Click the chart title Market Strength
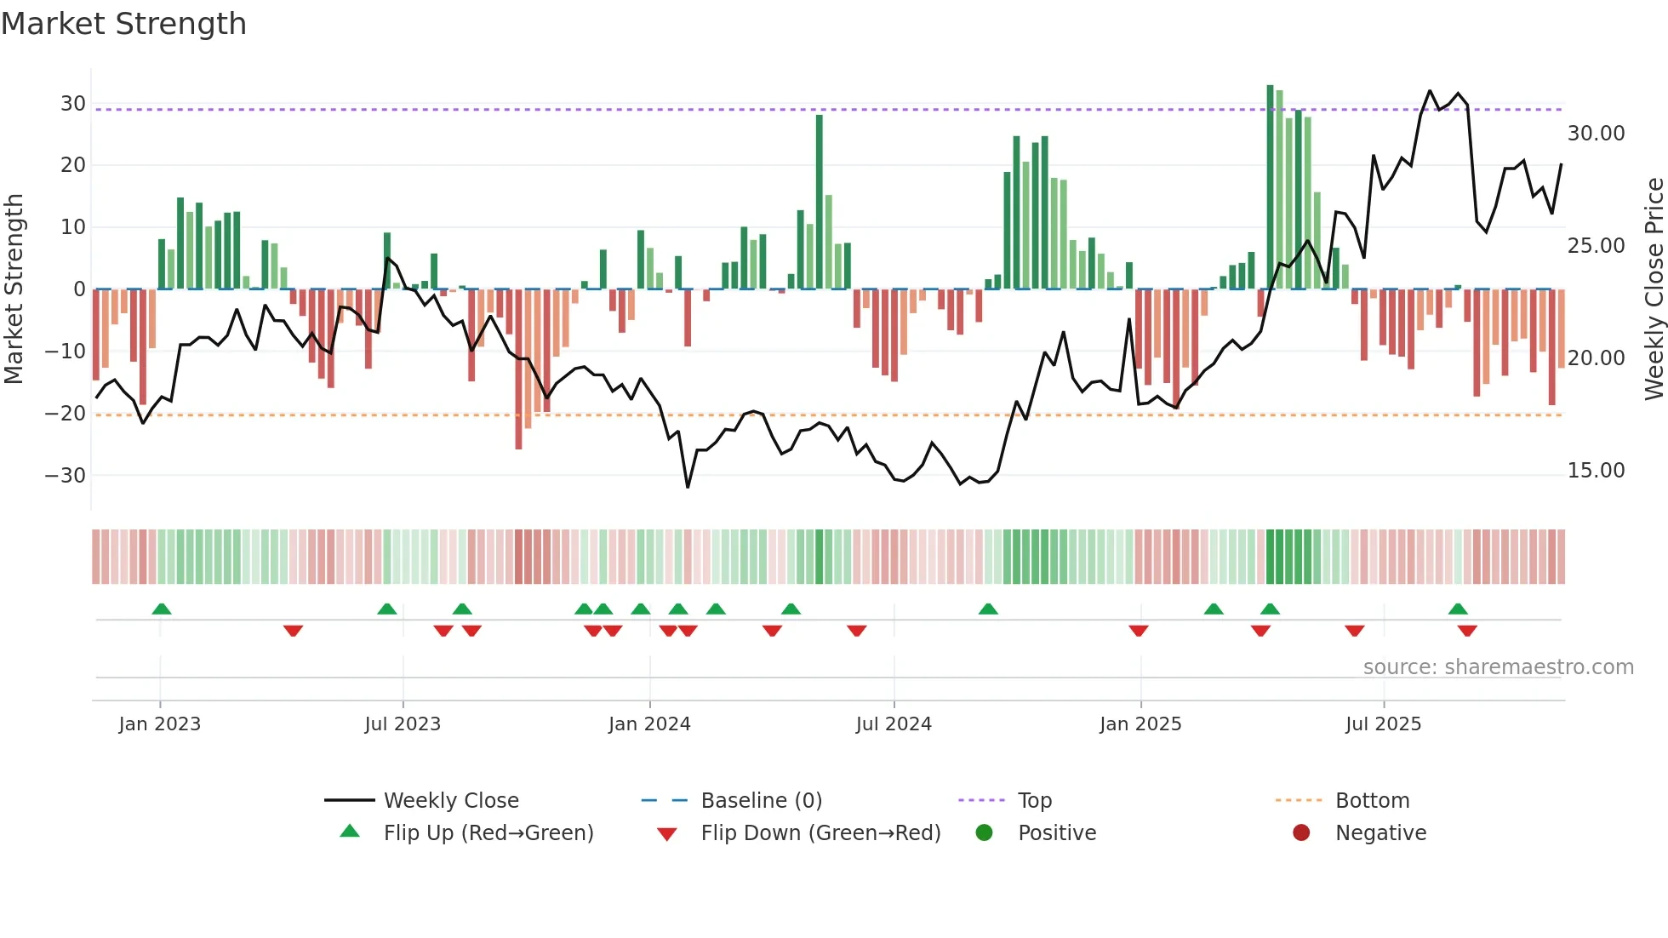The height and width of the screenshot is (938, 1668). (x=123, y=24)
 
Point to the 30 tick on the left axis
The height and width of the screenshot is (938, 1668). (x=73, y=104)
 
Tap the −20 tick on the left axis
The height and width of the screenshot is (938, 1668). (x=66, y=414)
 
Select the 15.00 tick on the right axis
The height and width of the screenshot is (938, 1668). (x=1596, y=471)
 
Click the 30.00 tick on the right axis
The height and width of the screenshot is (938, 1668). (x=1596, y=134)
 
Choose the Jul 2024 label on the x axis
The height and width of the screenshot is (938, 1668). (x=894, y=724)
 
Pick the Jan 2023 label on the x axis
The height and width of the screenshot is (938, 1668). (x=160, y=724)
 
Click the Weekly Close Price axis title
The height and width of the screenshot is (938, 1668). (x=1654, y=289)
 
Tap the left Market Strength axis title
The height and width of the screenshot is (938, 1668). (x=14, y=289)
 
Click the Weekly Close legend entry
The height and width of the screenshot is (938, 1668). (x=451, y=801)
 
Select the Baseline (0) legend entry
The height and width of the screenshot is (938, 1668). (x=761, y=801)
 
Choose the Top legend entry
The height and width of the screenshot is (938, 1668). (x=1035, y=801)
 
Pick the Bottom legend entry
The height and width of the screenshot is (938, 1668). (x=1372, y=801)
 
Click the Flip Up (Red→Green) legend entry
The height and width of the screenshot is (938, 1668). (x=488, y=833)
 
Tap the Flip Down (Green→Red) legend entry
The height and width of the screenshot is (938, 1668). (x=820, y=833)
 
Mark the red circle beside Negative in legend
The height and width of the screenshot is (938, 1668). (x=1301, y=833)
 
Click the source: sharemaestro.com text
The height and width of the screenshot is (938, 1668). (x=1498, y=667)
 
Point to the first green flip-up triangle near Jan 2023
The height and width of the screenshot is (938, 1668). (x=162, y=609)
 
